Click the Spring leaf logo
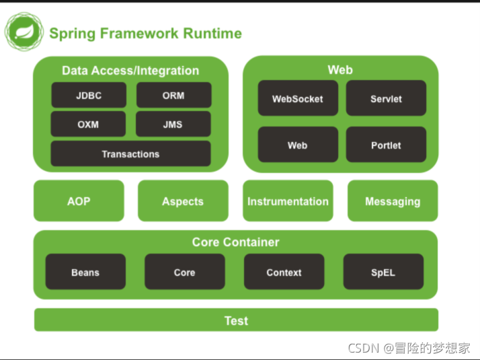(x=24, y=32)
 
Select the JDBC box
(x=89, y=95)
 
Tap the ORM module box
(x=173, y=95)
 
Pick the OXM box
(x=88, y=124)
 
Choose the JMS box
(x=173, y=124)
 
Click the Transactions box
(x=130, y=153)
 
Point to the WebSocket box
(x=298, y=98)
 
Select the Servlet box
(x=386, y=98)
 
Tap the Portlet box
(x=386, y=144)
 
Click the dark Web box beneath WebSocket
(x=298, y=144)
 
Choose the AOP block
(x=79, y=201)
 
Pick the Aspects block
(x=183, y=201)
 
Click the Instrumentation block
(x=288, y=201)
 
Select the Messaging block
(x=393, y=201)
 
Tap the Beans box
(x=85, y=271)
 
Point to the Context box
(x=284, y=271)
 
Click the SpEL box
(x=383, y=271)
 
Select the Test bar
(x=237, y=320)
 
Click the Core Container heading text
(x=236, y=242)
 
